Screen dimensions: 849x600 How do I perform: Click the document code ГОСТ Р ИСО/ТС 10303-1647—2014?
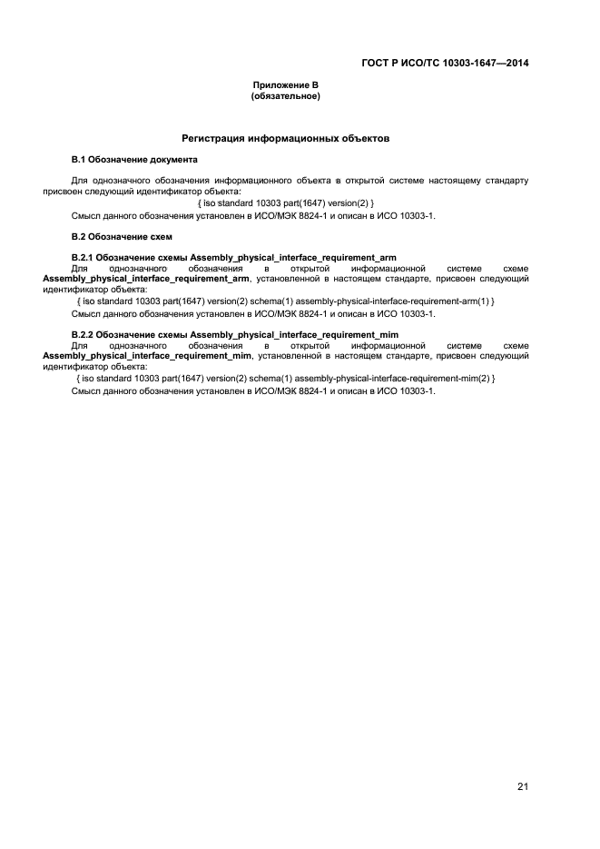[442, 64]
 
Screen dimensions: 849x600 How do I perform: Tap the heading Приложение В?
[285, 84]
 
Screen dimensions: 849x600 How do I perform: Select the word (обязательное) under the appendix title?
[285, 95]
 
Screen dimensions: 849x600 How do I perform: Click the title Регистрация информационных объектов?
[285, 140]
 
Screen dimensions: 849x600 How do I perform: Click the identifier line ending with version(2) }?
[285, 202]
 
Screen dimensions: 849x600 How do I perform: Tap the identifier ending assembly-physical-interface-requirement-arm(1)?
[286, 301]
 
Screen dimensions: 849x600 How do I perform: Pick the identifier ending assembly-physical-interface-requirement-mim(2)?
[286, 378]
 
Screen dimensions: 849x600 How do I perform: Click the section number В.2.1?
[84, 258]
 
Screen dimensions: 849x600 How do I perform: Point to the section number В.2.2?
[84, 335]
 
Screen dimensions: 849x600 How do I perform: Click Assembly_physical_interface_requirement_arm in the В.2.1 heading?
[293, 258]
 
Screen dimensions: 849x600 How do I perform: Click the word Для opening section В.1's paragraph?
[80, 181]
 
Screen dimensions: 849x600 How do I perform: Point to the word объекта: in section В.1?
[221, 192]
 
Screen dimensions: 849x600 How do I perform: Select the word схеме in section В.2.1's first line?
[515, 269]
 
